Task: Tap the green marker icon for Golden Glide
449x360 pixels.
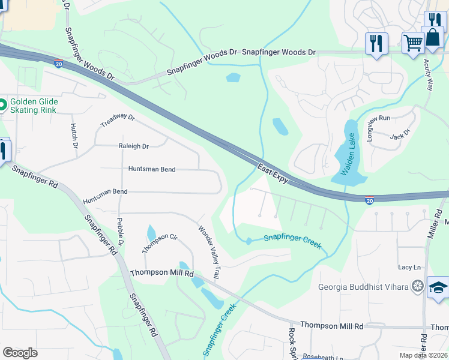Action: pos(2,106)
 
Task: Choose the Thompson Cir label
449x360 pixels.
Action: pos(160,243)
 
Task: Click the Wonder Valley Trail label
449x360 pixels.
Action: pos(209,251)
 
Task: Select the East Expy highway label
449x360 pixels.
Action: pos(273,173)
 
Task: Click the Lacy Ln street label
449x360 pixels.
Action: pos(409,267)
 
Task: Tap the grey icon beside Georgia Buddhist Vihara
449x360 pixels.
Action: pos(417,286)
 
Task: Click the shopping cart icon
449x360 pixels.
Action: pos(412,43)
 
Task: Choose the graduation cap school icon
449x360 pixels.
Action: pos(438,288)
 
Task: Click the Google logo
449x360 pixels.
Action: pos(20,353)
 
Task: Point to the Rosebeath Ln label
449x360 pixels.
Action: pos(322,358)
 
